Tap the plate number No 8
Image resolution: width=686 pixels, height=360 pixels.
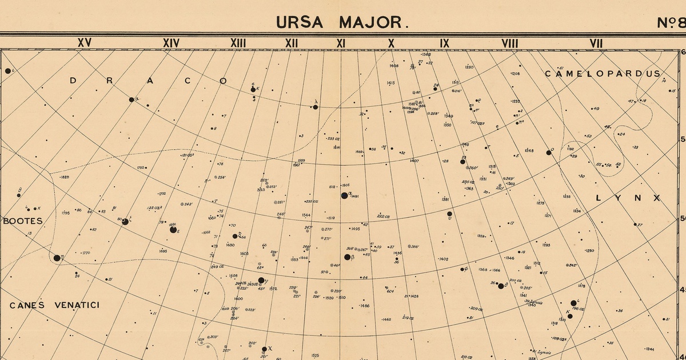click(x=671, y=22)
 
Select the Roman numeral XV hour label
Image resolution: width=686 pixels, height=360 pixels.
click(x=85, y=43)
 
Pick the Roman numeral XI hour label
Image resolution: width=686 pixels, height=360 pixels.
click(x=341, y=43)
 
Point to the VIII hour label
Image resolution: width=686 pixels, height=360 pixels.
click(x=509, y=43)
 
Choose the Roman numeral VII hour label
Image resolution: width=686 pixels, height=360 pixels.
click(x=596, y=43)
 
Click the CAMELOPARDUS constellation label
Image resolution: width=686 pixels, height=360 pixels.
click(x=603, y=74)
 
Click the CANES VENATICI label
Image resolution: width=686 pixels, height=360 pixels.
click(x=54, y=305)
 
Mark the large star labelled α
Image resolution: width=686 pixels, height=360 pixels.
click(x=345, y=195)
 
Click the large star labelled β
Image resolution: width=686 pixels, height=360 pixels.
click(x=347, y=258)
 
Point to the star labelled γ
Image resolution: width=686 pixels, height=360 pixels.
click(x=261, y=281)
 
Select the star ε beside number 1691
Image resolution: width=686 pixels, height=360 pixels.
click(x=173, y=230)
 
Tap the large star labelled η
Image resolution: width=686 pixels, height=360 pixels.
click(x=57, y=258)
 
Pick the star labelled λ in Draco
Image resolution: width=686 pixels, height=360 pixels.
click(x=315, y=107)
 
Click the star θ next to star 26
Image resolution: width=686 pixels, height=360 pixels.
click(x=501, y=286)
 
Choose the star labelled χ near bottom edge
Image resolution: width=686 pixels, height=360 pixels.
click(x=264, y=349)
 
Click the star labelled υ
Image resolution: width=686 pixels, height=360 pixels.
click(x=449, y=214)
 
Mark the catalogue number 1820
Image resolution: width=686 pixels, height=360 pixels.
click(x=65, y=177)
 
